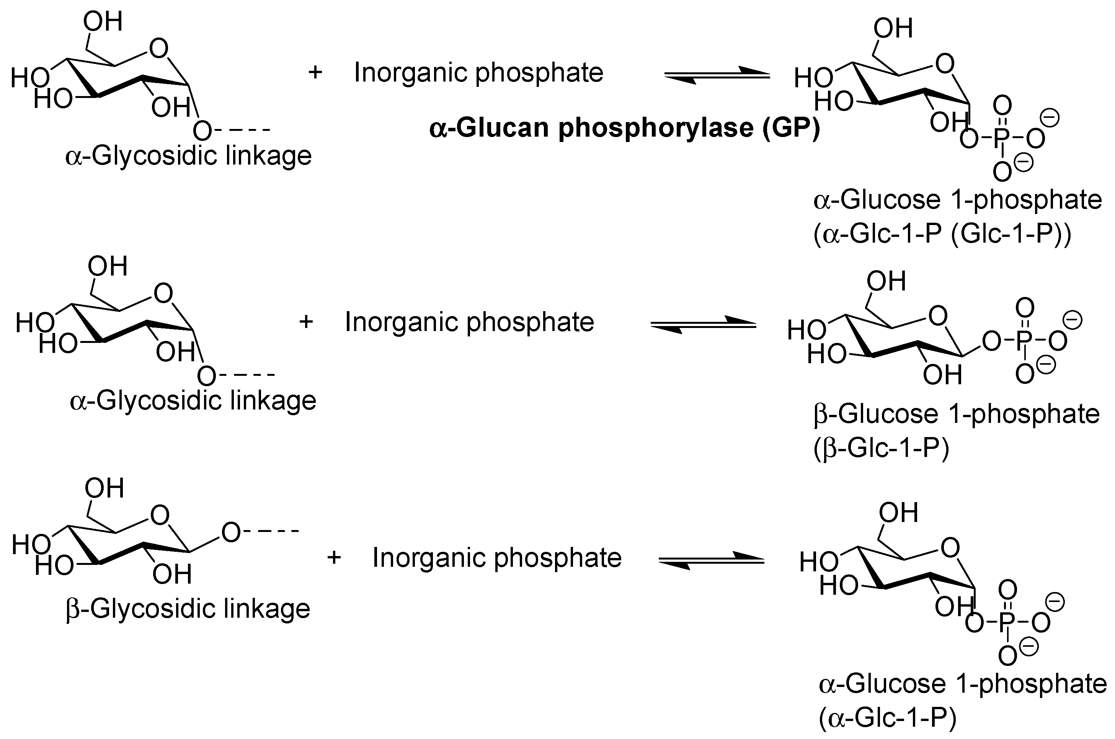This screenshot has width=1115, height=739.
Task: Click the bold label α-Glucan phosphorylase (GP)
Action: pos(624,128)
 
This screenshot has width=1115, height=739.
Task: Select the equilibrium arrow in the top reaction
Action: pos(717,75)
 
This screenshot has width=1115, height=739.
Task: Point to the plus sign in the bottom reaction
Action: pos(334,558)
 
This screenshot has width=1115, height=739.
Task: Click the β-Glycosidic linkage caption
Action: pos(188,608)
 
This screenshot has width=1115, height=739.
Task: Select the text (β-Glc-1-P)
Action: pos(881,448)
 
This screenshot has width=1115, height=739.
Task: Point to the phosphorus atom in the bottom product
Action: pos(1007,623)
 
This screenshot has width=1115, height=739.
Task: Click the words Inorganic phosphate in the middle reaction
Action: pos(469,322)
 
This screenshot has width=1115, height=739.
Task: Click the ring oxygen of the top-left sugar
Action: pos(159,49)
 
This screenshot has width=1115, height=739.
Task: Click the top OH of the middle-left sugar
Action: pos(108,267)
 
